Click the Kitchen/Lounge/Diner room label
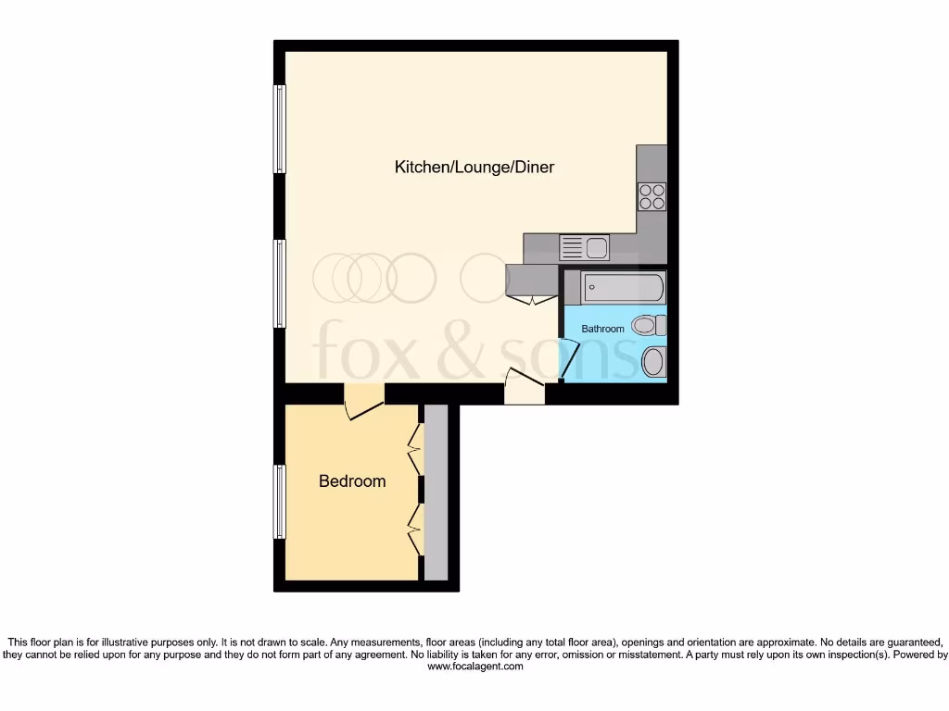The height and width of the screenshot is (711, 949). point(474,168)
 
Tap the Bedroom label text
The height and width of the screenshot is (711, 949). point(352,481)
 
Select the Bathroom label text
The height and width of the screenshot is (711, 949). point(603,329)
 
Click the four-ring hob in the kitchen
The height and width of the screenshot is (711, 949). point(652,197)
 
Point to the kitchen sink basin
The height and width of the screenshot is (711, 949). point(596,247)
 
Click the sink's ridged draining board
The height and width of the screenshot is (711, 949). point(572,247)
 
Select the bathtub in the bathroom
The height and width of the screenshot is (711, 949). point(622,288)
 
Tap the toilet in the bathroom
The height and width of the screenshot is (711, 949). point(649,325)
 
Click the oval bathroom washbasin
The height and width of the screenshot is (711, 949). point(653,362)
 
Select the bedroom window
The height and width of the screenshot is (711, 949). point(278,501)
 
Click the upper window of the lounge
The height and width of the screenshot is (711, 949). point(279,129)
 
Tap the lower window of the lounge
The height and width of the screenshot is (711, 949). point(279,283)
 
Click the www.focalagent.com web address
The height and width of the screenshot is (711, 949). point(474,666)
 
